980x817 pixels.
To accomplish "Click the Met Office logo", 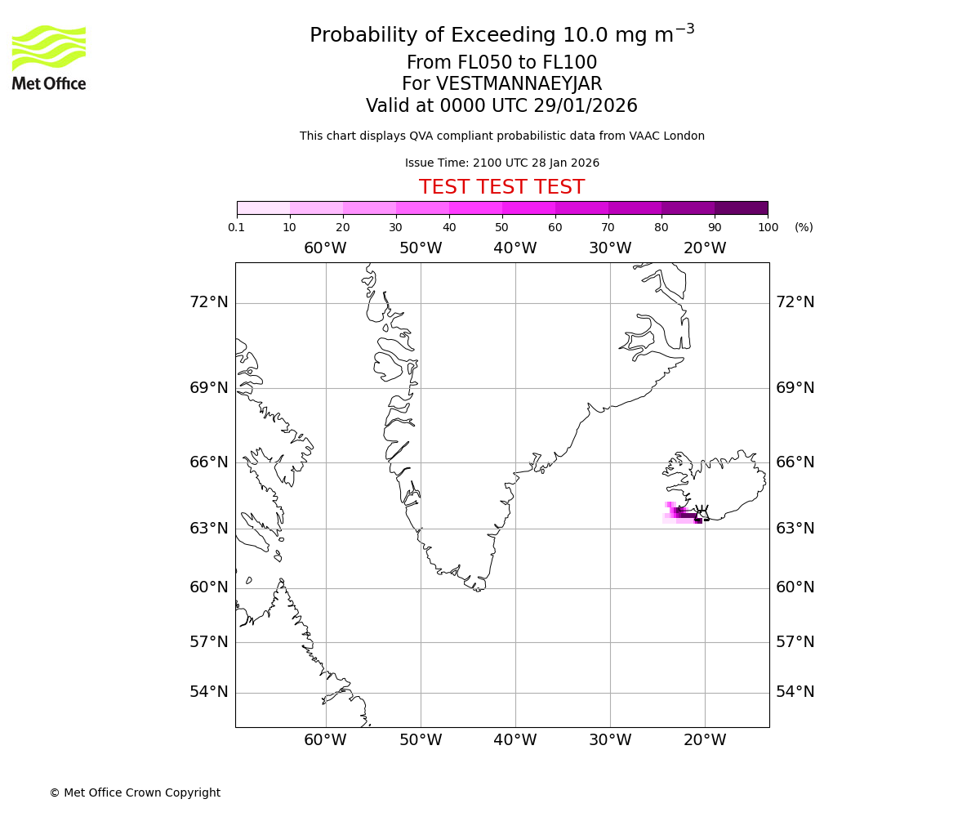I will point(49,57).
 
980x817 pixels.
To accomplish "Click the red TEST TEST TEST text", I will point(501,187).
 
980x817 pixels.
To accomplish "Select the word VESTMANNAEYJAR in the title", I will point(519,84).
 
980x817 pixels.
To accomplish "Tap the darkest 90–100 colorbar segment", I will point(741,208).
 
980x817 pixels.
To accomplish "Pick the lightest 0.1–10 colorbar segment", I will point(263,208).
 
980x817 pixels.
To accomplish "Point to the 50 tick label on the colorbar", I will point(502,227).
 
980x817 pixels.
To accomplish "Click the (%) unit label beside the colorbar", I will point(804,227).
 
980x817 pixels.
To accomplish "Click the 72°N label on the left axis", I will point(209,302).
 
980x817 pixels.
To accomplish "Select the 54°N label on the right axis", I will point(795,692).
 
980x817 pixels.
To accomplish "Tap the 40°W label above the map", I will point(515,248).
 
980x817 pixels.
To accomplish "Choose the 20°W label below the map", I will point(705,740).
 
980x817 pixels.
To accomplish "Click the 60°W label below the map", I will point(326,740).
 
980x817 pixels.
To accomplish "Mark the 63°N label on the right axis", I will point(795,529).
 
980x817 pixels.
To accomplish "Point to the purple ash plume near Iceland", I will point(683,513).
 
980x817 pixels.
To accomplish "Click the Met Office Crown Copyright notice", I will point(135,792).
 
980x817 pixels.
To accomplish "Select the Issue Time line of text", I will point(501,163).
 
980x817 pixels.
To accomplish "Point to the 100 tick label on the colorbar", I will point(768,227).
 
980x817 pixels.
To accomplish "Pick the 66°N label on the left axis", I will point(209,462).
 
